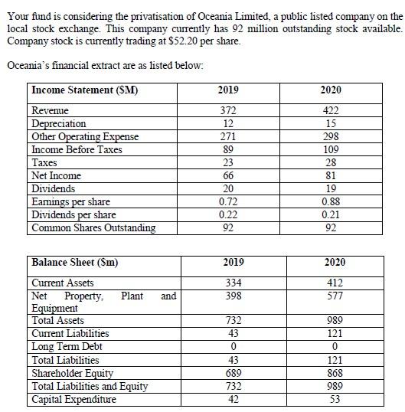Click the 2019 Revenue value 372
tap(227, 111)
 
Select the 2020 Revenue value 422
tap(330, 111)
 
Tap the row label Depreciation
tap(58, 124)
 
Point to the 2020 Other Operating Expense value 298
tap(330, 137)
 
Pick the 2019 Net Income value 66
tap(227, 176)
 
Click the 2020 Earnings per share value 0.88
tap(330, 202)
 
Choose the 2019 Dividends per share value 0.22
tap(227, 215)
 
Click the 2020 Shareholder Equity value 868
tap(335, 373)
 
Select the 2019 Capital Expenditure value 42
tap(233, 399)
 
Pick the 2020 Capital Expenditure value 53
tap(335, 399)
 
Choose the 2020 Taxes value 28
tap(330, 163)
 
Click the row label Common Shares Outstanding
tap(93, 228)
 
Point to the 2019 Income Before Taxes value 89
tap(227, 150)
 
